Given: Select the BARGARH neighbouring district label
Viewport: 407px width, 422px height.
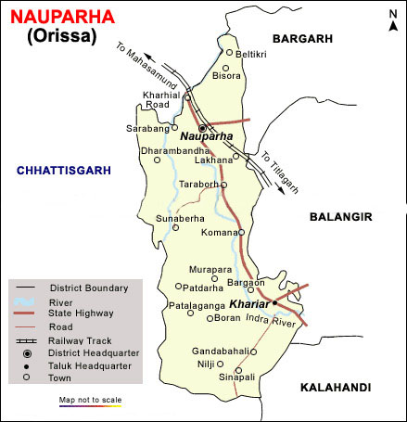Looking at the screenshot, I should pyautogui.click(x=302, y=37).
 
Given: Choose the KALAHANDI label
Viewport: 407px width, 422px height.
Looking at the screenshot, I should pyautogui.click(x=335, y=387).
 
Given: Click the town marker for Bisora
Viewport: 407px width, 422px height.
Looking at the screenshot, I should pyautogui.click(x=225, y=69).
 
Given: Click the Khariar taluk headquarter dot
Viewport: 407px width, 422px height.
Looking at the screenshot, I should pyautogui.click(x=274, y=303).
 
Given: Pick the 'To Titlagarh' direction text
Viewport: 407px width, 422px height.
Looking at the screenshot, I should pyautogui.click(x=278, y=169).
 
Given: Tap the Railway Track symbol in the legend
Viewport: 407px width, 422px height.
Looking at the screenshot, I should pyautogui.click(x=27, y=341).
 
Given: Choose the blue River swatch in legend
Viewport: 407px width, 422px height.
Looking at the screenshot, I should pyautogui.click(x=27, y=302).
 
